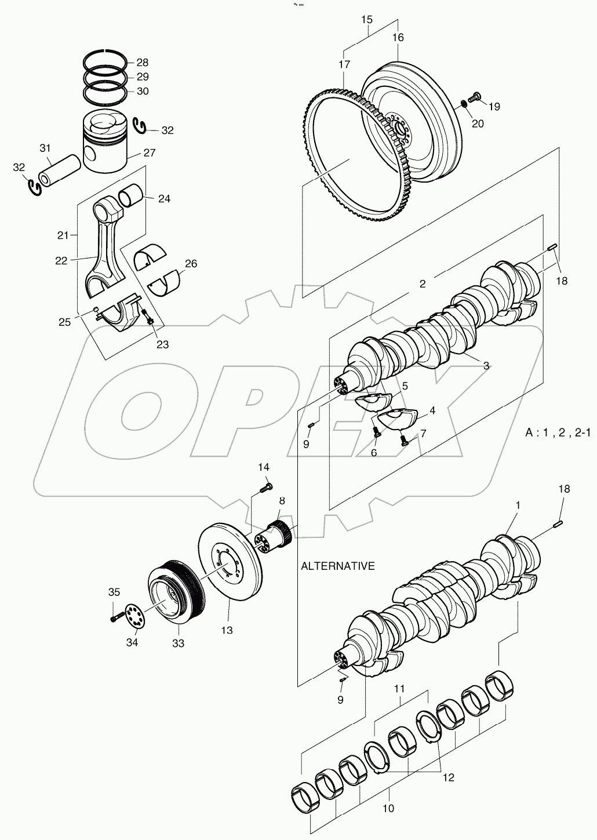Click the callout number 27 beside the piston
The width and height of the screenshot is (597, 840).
click(133, 153)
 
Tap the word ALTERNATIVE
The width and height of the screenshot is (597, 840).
click(338, 566)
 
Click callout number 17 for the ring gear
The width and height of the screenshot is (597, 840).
click(344, 64)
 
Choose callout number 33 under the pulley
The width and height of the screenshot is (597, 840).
click(178, 643)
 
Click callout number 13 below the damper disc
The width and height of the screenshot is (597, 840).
click(226, 630)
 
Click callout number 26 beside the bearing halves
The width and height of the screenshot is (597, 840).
click(191, 264)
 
